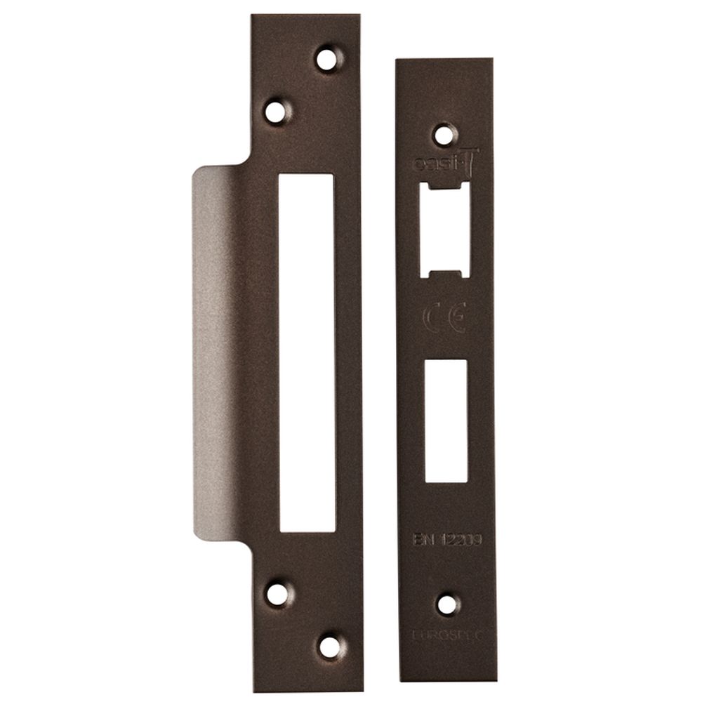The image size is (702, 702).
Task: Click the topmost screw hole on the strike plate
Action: coord(327,58)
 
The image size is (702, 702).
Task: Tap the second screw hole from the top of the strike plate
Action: coord(277,111)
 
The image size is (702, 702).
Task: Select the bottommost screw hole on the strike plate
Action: coord(329,646)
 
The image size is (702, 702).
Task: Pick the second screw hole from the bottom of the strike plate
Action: coord(278,594)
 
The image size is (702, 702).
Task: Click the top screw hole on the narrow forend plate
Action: coord(444,134)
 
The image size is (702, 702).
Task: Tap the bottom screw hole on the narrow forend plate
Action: coord(446,604)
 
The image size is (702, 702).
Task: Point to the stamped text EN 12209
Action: coord(446,539)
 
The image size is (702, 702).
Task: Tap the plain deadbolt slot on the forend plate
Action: coord(446,420)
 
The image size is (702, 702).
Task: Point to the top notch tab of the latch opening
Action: coord(444,187)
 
